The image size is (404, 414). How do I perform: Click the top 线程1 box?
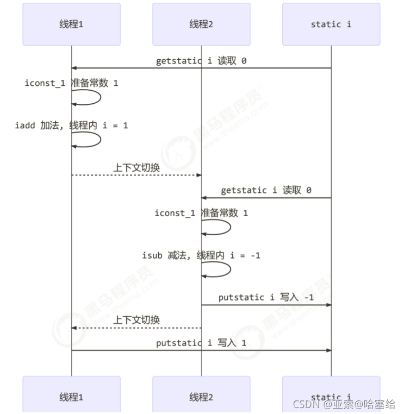(71, 24)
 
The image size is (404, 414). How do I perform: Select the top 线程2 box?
(201, 24)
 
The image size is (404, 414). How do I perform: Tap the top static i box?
(331, 24)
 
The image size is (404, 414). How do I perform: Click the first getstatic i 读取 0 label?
(201, 61)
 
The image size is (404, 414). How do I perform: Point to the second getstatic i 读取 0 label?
(266, 191)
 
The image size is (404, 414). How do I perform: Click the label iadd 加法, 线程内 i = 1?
(71, 125)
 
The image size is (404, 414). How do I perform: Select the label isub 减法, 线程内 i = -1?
(201, 255)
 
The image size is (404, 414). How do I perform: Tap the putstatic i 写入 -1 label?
(266, 298)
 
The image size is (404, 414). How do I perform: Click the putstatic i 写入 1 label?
(201, 343)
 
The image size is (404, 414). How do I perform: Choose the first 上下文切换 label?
(136, 168)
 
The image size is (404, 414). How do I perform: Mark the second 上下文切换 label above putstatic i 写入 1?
(136, 321)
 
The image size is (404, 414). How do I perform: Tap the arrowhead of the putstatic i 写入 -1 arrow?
(328, 305)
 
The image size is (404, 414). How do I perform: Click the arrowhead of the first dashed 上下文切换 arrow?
(198, 175)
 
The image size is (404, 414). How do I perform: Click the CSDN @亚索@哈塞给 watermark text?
(344, 404)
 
